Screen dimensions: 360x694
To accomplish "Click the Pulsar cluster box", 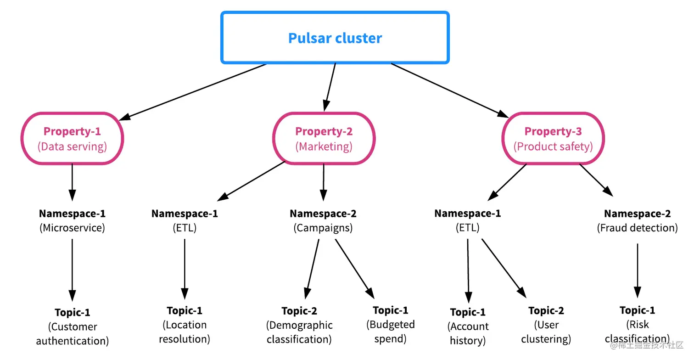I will pyautogui.click(x=335, y=38).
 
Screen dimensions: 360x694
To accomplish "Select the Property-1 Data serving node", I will pyautogui.click(x=72, y=139).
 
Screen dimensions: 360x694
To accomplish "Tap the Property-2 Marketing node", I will pyautogui.click(x=324, y=139).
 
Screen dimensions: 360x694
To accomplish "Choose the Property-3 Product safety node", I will pyautogui.click(x=553, y=139).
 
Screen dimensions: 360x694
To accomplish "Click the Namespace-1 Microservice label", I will pyautogui.click(x=72, y=220).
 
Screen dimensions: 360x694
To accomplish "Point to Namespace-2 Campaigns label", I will pyautogui.click(x=323, y=220).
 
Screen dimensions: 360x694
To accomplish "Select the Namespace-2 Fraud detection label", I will pyautogui.click(x=637, y=220).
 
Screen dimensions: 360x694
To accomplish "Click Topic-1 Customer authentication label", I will pyautogui.click(x=72, y=326).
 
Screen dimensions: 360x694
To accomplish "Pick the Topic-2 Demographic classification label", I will pyautogui.click(x=299, y=325).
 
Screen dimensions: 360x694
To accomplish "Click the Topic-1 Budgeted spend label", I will pyautogui.click(x=390, y=324).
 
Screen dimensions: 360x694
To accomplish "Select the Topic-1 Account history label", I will pyautogui.click(x=468, y=326).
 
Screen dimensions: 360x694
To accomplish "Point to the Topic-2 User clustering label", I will pyautogui.click(x=546, y=325).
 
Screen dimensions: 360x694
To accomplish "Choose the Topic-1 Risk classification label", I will pyautogui.click(x=637, y=324).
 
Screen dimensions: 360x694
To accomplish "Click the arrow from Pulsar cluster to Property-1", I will pyautogui.click(x=195, y=92).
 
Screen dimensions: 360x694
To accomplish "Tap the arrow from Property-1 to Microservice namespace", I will pyautogui.click(x=72, y=182).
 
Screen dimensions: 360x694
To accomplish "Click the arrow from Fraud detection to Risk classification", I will pyautogui.click(x=637, y=271).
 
